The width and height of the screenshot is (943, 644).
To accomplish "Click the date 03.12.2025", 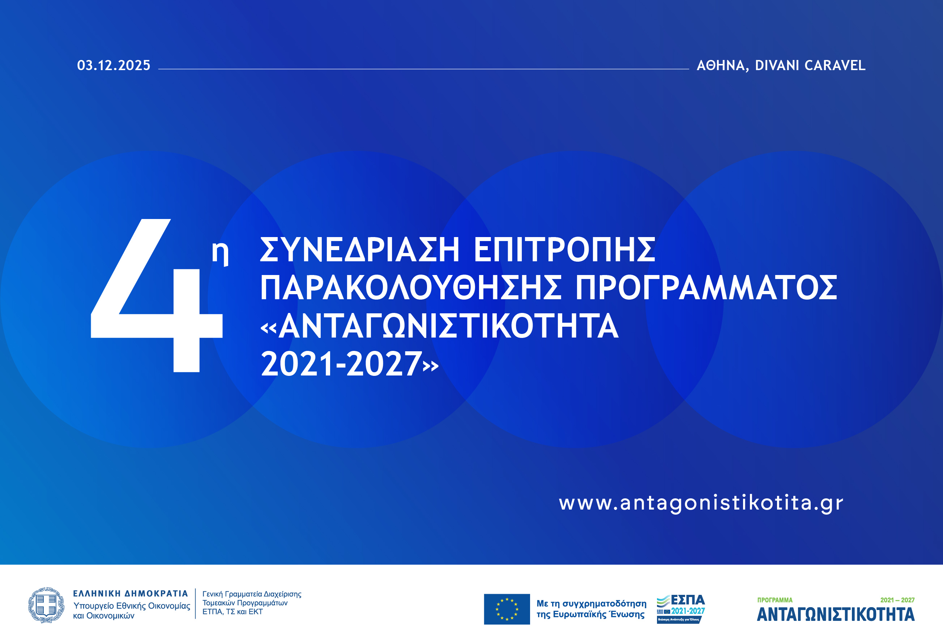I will point(114,65).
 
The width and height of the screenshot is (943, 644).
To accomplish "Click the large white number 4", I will point(156,296).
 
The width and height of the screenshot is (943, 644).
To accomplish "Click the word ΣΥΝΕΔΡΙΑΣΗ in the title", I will point(359,250).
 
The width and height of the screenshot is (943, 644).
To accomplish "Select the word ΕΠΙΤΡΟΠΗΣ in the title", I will point(564,250).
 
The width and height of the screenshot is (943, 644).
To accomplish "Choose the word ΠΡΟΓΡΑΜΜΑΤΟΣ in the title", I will point(706,288).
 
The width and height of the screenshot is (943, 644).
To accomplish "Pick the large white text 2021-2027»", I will point(349,364).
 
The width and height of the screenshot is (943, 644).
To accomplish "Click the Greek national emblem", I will point(46,605).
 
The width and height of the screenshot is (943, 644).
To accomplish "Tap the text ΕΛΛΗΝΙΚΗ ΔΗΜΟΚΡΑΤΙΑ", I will point(130,594).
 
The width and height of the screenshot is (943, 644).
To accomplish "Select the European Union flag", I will point(507,609).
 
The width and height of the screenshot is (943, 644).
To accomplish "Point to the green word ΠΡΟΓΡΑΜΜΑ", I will point(775,600).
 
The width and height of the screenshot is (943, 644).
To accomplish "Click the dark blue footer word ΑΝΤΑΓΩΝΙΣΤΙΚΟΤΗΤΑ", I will point(836,615).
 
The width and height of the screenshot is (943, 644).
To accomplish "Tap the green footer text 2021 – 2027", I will point(897,600).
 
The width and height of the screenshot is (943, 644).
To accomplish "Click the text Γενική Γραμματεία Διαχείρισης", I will point(252,594).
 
